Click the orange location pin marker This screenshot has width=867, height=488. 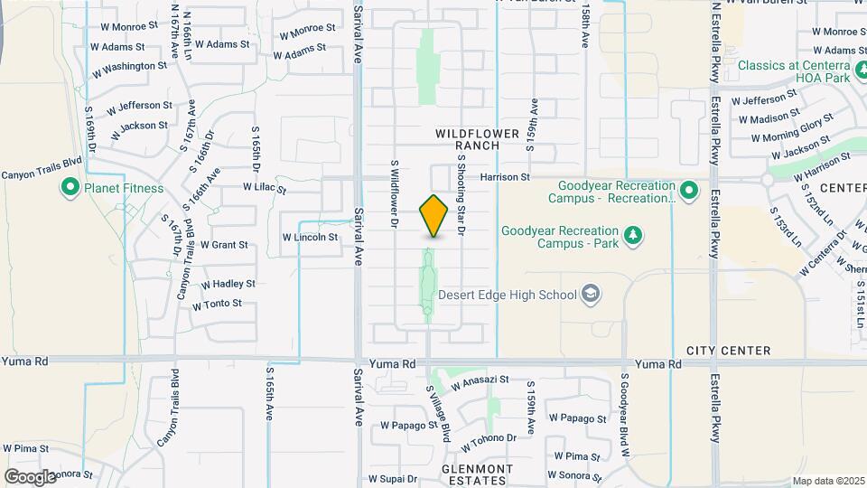coord(434,216)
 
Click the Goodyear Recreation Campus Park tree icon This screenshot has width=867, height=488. coord(633,236)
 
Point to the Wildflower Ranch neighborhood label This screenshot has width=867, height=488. coord(478,139)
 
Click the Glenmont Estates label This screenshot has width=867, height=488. coord(478,474)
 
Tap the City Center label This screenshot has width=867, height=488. coord(728,351)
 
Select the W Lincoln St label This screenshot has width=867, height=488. coord(310,237)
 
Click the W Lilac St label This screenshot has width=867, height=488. coord(265,188)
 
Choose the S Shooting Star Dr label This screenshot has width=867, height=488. coord(461,194)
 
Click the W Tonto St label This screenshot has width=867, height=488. coord(217,305)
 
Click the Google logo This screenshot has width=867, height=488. coord(30,476)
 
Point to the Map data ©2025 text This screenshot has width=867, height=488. coord(828,481)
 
